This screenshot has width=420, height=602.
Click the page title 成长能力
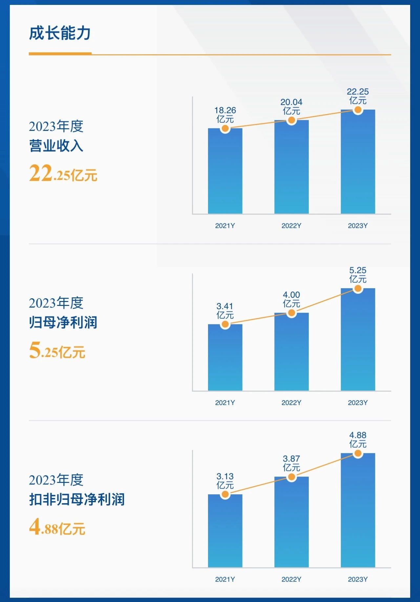pyautogui.click(x=60, y=33)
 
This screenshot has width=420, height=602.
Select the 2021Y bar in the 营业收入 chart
pyautogui.click(x=225, y=171)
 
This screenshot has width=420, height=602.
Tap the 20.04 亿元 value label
pyautogui.click(x=291, y=107)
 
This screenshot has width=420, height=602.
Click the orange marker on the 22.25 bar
pyautogui.click(x=358, y=110)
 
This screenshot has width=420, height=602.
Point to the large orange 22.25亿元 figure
pyautogui.click(x=63, y=174)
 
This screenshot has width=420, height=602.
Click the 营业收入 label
pyautogui.click(x=56, y=146)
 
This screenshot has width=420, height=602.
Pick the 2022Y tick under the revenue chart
pyautogui.click(x=291, y=226)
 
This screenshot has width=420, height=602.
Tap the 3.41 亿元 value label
pyautogui.click(x=225, y=311)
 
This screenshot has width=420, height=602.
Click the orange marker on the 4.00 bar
pyautogui.click(x=291, y=313)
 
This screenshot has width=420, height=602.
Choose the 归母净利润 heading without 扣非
pyautogui.click(x=63, y=322)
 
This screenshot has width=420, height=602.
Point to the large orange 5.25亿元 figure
pyautogui.click(x=57, y=351)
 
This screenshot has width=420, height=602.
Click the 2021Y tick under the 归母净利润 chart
pyautogui.click(x=225, y=403)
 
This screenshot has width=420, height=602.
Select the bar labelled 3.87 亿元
pyautogui.click(x=291, y=522)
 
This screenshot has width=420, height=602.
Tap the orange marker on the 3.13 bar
pyautogui.click(x=225, y=494)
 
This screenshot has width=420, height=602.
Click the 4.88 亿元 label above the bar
pyautogui.click(x=358, y=440)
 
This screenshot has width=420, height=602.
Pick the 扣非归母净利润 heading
pyautogui.click(x=77, y=499)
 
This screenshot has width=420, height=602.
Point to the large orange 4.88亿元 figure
pyautogui.click(x=57, y=527)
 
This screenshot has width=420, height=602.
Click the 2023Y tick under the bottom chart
pyautogui.click(x=358, y=579)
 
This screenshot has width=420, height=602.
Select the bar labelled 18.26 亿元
pyautogui.click(x=225, y=171)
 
